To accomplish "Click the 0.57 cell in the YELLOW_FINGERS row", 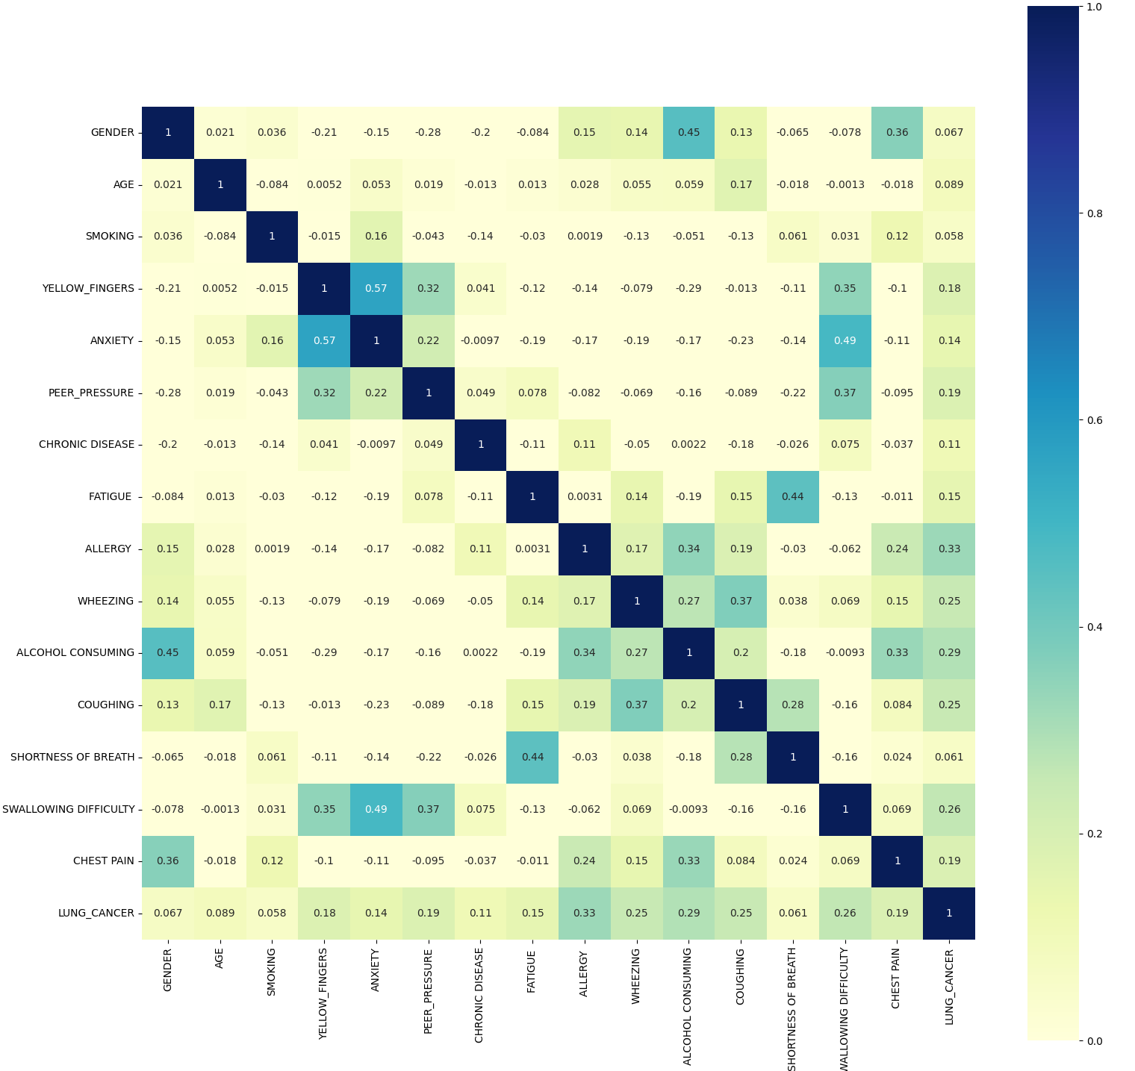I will click(x=376, y=288).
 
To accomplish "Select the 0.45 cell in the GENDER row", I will click(x=688, y=132).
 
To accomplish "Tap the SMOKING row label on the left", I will click(x=110, y=236).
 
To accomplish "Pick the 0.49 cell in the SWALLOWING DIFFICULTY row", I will click(x=376, y=809).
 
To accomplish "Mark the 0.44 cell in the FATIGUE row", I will click(x=793, y=496).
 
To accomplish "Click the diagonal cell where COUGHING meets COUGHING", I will click(x=741, y=705).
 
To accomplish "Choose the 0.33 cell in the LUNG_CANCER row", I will click(x=585, y=913).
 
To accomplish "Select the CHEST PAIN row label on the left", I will click(x=104, y=861).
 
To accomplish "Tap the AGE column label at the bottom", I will click(x=220, y=958).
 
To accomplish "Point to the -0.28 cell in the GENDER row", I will click(x=429, y=132).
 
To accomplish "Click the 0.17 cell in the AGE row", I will click(x=741, y=184).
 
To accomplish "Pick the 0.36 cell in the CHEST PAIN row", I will click(x=168, y=861).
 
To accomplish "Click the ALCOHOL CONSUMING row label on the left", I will click(x=75, y=652).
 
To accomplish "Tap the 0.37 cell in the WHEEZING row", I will click(x=741, y=601).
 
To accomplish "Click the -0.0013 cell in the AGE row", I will click(x=845, y=184).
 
